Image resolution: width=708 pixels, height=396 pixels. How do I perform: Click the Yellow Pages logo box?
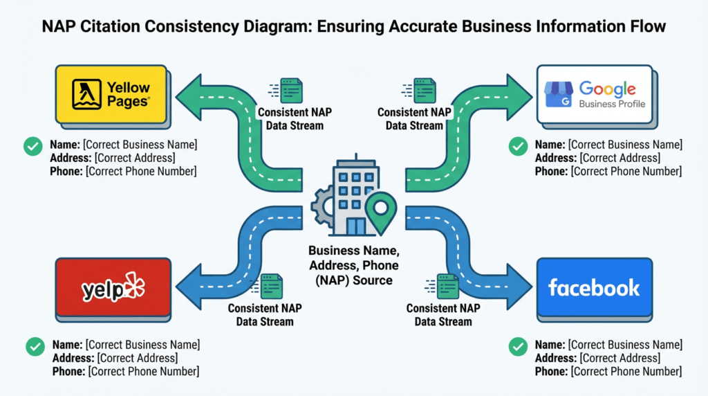click(x=111, y=94)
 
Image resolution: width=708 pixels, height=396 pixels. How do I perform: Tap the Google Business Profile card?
click(x=595, y=94)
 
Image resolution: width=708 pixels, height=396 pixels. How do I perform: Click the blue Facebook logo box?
click(x=594, y=288)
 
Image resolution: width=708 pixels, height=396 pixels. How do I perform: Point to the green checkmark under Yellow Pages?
click(x=32, y=146)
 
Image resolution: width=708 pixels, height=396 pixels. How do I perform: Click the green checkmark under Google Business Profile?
click(x=517, y=146)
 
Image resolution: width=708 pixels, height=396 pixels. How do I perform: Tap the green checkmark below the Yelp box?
click(x=35, y=347)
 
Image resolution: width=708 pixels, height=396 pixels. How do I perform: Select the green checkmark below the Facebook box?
click(x=517, y=347)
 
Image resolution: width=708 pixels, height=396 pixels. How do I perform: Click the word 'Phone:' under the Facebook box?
click(x=551, y=372)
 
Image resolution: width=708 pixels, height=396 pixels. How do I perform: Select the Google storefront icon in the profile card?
click(x=559, y=94)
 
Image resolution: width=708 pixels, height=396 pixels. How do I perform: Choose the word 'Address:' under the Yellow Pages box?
click(x=72, y=158)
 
